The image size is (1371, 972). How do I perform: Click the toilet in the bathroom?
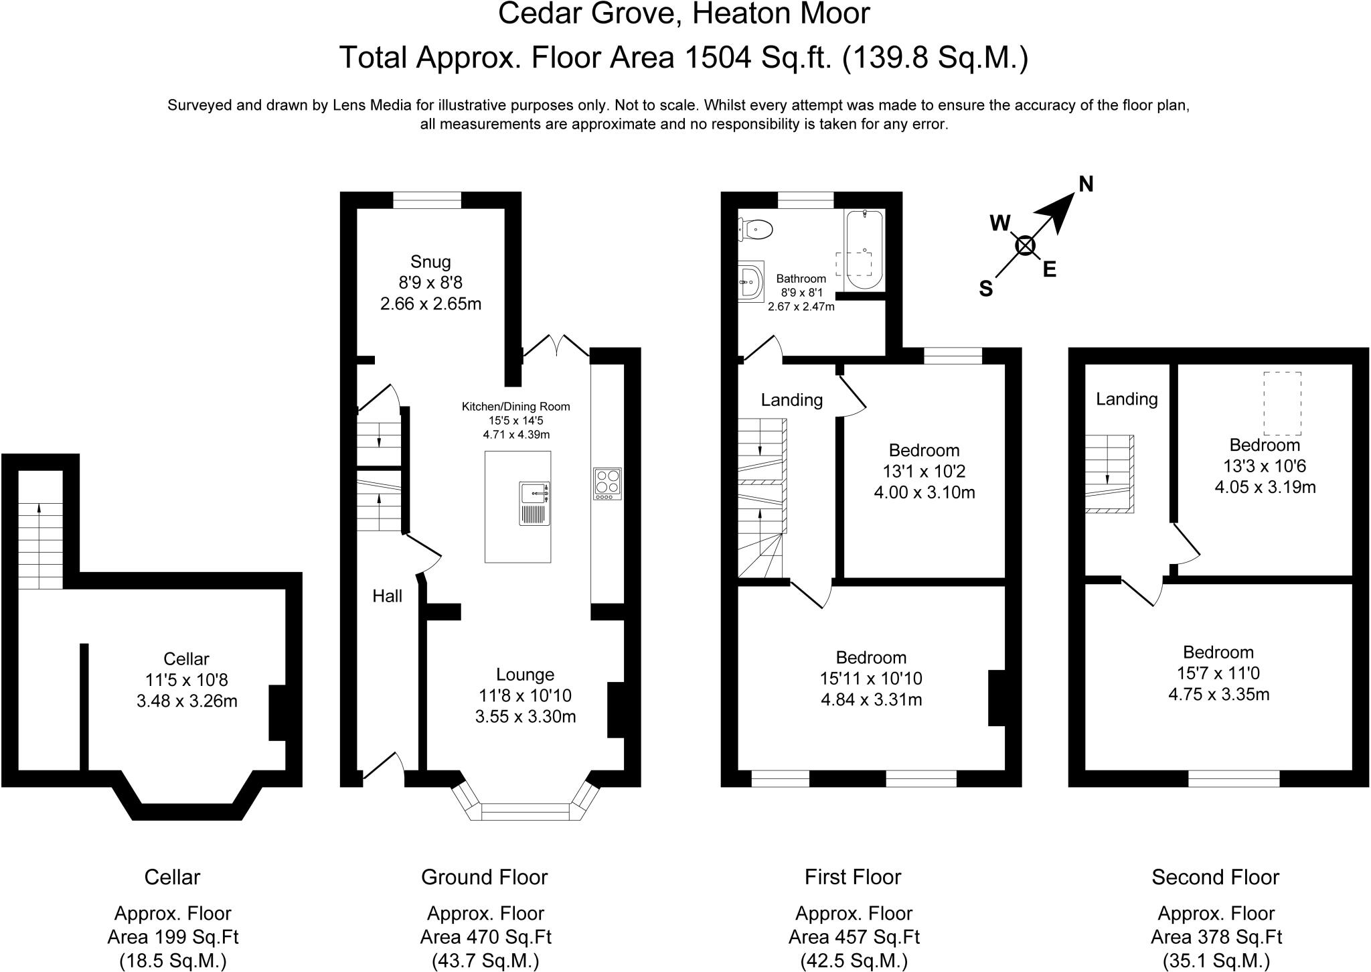(757, 230)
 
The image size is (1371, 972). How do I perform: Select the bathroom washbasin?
(752, 282)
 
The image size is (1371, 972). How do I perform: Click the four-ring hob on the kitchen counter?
(607, 483)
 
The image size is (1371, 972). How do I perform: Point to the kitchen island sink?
(535, 502)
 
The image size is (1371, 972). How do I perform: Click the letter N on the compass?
(1086, 184)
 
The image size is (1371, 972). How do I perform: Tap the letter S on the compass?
(985, 289)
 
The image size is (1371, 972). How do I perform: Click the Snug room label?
(430, 262)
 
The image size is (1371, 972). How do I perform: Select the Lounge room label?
(525, 675)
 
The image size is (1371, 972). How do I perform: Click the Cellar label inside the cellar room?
(186, 659)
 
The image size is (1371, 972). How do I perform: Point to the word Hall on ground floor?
(387, 596)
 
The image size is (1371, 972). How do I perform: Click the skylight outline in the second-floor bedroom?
(1282, 403)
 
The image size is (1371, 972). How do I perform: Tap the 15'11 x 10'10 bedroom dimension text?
(871, 679)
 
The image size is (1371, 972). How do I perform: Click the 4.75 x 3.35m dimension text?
(1218, 694)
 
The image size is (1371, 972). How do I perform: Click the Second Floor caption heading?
(1215, 877)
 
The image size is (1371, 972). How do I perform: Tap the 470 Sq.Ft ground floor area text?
(485, 936)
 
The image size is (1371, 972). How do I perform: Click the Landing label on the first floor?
(791, 400)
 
